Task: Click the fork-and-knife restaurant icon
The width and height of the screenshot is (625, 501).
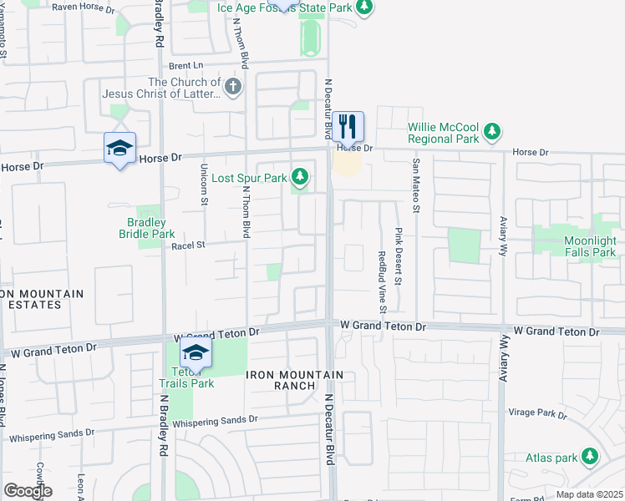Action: (x=349, y=127)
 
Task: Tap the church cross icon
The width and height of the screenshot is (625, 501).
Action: (x=233, y=85)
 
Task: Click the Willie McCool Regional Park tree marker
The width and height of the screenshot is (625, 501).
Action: (x=493, y=130)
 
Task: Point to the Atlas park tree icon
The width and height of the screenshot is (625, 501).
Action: (x=591, y=456)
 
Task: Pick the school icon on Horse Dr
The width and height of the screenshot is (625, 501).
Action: (x=120, y=149)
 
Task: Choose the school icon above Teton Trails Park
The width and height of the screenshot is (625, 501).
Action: (x=196, y=352)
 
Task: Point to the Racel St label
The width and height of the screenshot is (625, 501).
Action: (x=187, y=246)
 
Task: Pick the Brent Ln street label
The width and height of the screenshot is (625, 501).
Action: (x=185, y=65)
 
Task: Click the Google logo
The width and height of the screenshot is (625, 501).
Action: (x=28, y=491)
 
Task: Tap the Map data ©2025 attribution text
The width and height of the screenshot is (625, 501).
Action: (x=589, y=494)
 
